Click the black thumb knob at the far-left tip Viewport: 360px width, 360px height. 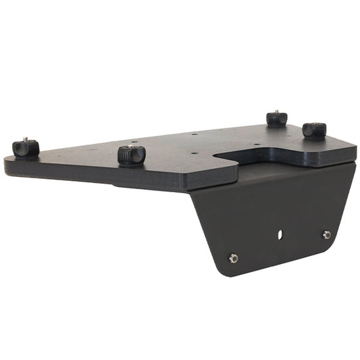coord(26,148)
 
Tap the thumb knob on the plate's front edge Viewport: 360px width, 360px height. coord(131,155)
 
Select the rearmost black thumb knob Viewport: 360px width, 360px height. coord(276,118)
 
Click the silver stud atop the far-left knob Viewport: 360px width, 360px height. coord(25,140)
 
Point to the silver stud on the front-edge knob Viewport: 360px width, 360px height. coord(130,145)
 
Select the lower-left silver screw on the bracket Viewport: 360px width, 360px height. coord(234,258)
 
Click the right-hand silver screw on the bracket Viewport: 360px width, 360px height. coord(327,235)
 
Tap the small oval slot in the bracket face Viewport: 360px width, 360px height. coord(278,235)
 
